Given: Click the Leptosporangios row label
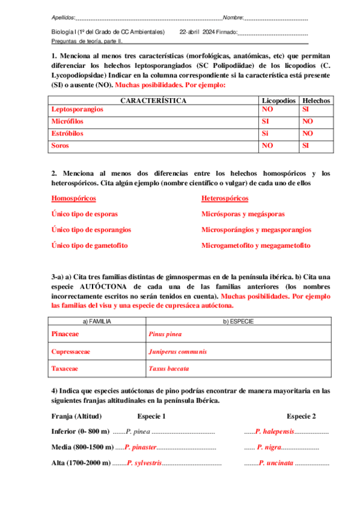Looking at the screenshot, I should click(78, 109).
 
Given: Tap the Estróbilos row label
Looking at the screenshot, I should click(67, 134).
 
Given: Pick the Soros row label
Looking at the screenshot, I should click(61, 146).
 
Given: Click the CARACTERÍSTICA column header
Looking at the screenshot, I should click(153, 100).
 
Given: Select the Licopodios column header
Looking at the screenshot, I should click(279, 100).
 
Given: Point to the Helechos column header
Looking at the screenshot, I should click(316, 100).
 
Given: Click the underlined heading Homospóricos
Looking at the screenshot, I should click(74, 198).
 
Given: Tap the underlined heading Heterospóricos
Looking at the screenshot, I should click(225, 198).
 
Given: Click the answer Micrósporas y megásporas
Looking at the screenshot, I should click(243, 214).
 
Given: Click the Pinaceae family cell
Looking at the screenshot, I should click(66, 334).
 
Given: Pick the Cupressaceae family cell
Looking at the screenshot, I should click(73, 351).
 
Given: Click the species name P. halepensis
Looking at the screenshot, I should click(275, 432).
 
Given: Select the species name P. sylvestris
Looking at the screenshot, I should click(144, 463).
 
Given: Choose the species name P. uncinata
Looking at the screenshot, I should click(276, 463).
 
